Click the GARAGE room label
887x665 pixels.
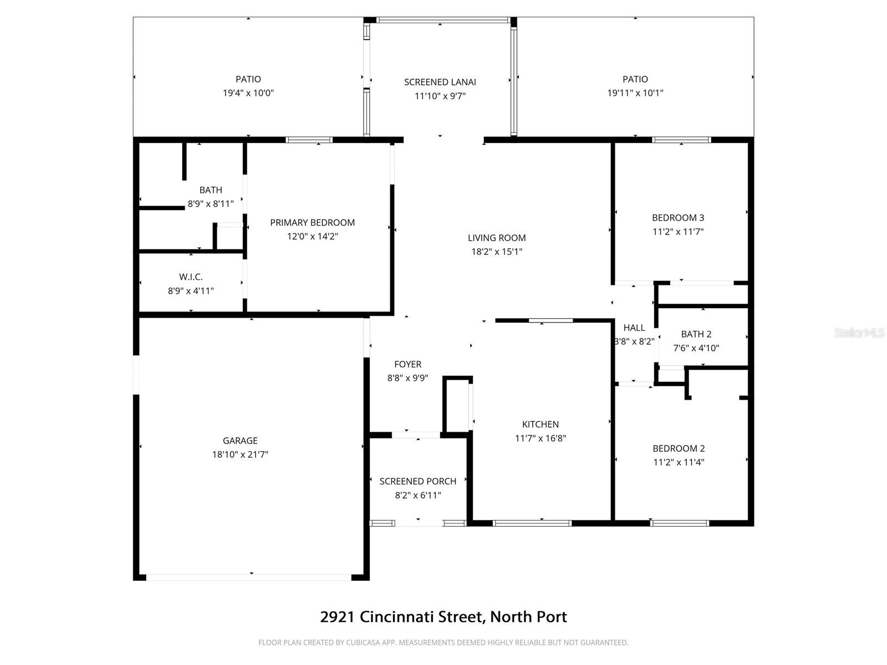(x=240, y=441)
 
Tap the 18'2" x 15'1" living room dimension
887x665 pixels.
(x=497, y=252)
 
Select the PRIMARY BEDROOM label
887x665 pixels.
(x=312, y=222)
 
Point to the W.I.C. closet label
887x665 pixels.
(x=191, y=277)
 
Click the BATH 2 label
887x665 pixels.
(x=696, y=334)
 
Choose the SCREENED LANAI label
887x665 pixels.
(x=440, y=82)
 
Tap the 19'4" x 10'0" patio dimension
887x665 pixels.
(x=248, y=93)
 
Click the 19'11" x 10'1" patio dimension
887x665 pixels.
(x=635, y=93)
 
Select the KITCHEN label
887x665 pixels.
(x=541, y=424)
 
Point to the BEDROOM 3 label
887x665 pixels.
(x=678, y=218)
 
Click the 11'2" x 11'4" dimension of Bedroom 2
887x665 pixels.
(x=679, y=462)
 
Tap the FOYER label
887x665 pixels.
(x=407, y=364)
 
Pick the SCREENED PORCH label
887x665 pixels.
(x=418, y=481)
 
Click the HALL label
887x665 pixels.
(x=634, y=328)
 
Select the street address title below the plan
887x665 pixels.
(x=443, y=617)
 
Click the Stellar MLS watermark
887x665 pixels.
(x=859, y=332)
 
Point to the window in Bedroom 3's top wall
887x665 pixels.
(x=681, y=140)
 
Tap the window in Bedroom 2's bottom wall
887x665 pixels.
(x=679, y=523)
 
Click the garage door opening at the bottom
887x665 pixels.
(x=249, y=577)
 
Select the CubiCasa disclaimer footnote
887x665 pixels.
(x=443, y=643)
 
